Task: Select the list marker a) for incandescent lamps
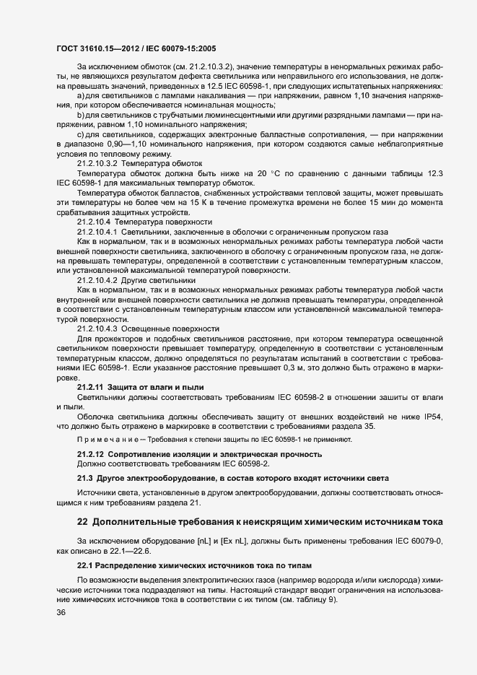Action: click(x=82, y=95)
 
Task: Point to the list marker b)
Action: click(x=82, y=116)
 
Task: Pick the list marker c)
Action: click(x=82, y=135)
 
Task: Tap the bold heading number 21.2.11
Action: click(x=90, y=387)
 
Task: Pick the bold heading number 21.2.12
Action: click(x=90, y=453)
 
